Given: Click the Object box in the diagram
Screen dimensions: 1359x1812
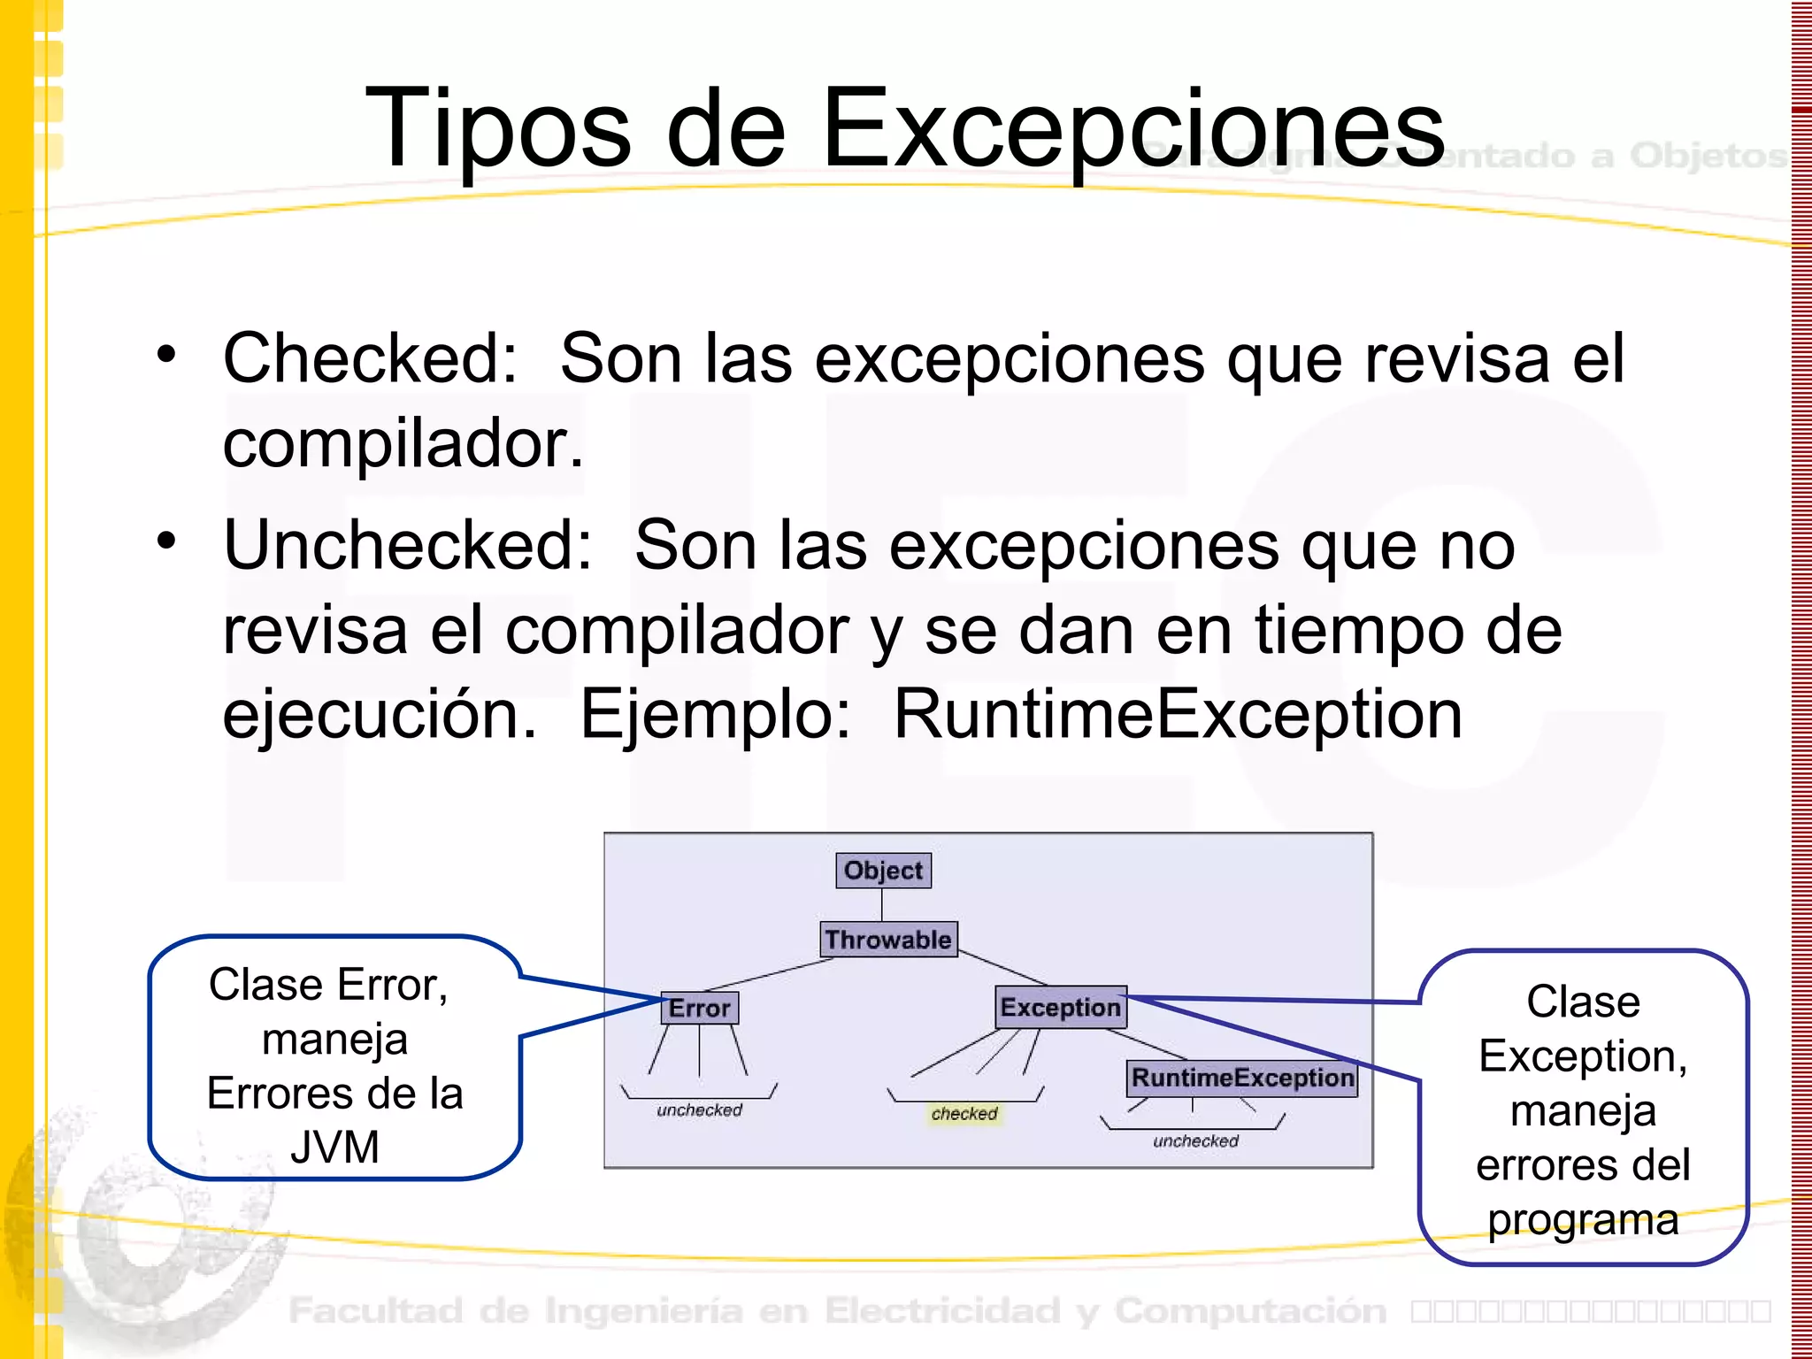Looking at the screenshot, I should click(883, 871).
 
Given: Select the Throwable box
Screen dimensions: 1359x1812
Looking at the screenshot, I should click(888, 939).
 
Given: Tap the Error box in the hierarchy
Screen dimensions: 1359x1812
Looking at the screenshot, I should click(699, 1008).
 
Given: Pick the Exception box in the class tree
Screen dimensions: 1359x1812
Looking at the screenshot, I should click(1060, 1007).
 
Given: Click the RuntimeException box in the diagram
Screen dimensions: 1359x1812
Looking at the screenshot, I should click(1242, 1078).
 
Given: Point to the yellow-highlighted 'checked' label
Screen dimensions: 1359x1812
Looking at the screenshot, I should click(964, 1114).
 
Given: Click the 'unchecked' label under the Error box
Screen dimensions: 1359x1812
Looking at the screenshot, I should click(699, 1110).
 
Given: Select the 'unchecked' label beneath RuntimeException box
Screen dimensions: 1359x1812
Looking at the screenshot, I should click(1195, 1141).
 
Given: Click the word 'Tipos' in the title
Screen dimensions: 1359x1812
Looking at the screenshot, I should click(498, 128).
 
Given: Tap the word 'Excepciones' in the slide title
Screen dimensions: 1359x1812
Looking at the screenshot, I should click(1133, 128).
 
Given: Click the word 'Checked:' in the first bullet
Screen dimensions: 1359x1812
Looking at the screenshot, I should click(370, 358).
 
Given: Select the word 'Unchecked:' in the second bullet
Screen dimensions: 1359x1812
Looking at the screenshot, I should click(407, 545).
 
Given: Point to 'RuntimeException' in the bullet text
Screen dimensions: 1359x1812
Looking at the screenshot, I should click(1178, 714).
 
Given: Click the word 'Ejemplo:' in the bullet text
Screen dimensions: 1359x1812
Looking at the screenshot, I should click(715, 714).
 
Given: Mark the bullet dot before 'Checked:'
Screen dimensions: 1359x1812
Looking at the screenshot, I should click(166, 355).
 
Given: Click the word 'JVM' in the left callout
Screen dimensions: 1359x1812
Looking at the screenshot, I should click(334, 1148).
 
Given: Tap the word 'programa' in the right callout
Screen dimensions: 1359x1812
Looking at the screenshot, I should click(1583, 1220).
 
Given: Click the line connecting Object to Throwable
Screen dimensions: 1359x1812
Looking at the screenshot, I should click(881, 904).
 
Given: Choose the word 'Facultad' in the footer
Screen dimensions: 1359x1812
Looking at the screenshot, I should click(376, 1310).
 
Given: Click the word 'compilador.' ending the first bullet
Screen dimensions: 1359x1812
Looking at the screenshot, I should click(403, 443).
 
